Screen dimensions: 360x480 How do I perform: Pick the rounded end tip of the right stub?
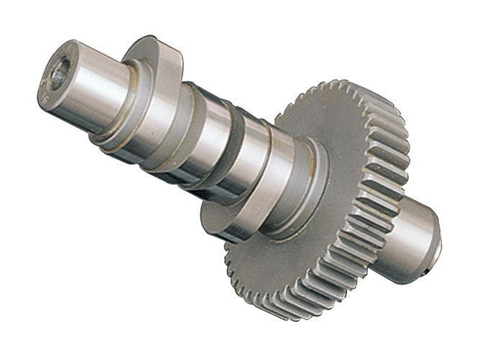tap(435, 241)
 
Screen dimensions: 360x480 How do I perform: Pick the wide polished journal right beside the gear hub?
tap(277, 187)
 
